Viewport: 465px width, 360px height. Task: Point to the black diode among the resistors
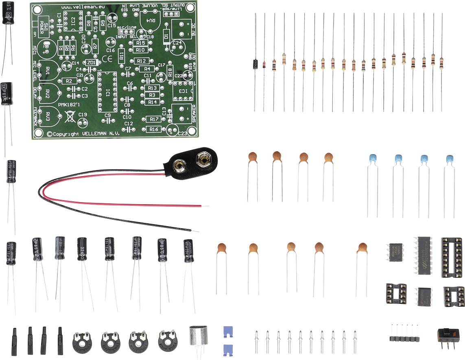[x=255, y=63]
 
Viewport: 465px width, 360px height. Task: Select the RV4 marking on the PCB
[x=151, y=21]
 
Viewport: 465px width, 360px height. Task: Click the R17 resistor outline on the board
[x=153, y=120]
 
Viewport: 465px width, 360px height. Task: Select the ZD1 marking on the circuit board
[x=92, y=63]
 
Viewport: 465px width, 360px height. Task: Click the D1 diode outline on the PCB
[x=166, y=37]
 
